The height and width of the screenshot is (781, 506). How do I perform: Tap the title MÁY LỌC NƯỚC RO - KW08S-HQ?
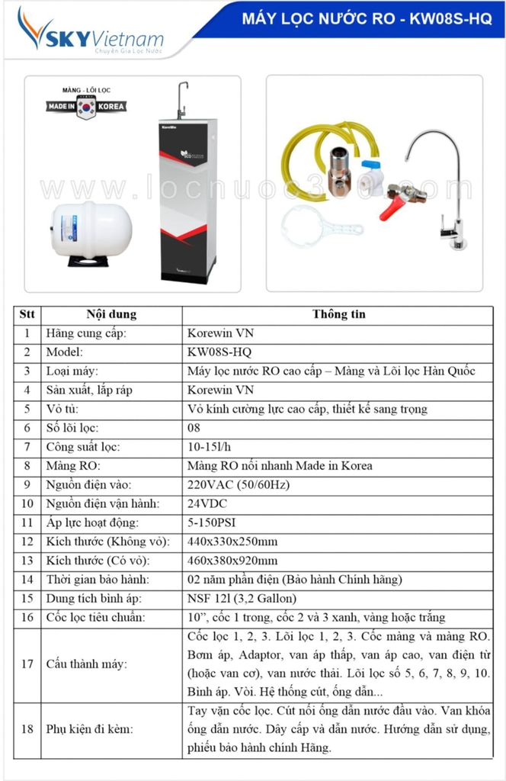[367, 20]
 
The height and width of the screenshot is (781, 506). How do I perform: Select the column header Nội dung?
[111, 314]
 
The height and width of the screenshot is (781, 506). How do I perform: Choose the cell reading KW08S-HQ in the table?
[219, 352]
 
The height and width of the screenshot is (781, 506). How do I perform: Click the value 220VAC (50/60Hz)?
[238, 484]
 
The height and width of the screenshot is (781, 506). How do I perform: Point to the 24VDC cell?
[207, 503]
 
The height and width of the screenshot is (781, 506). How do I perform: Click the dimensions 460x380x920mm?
[232, 561]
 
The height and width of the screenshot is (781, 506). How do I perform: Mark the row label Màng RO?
[73, 465]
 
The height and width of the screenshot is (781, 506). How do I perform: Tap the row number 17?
[27, 664]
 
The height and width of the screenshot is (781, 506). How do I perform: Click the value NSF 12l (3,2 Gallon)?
[242, 598]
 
